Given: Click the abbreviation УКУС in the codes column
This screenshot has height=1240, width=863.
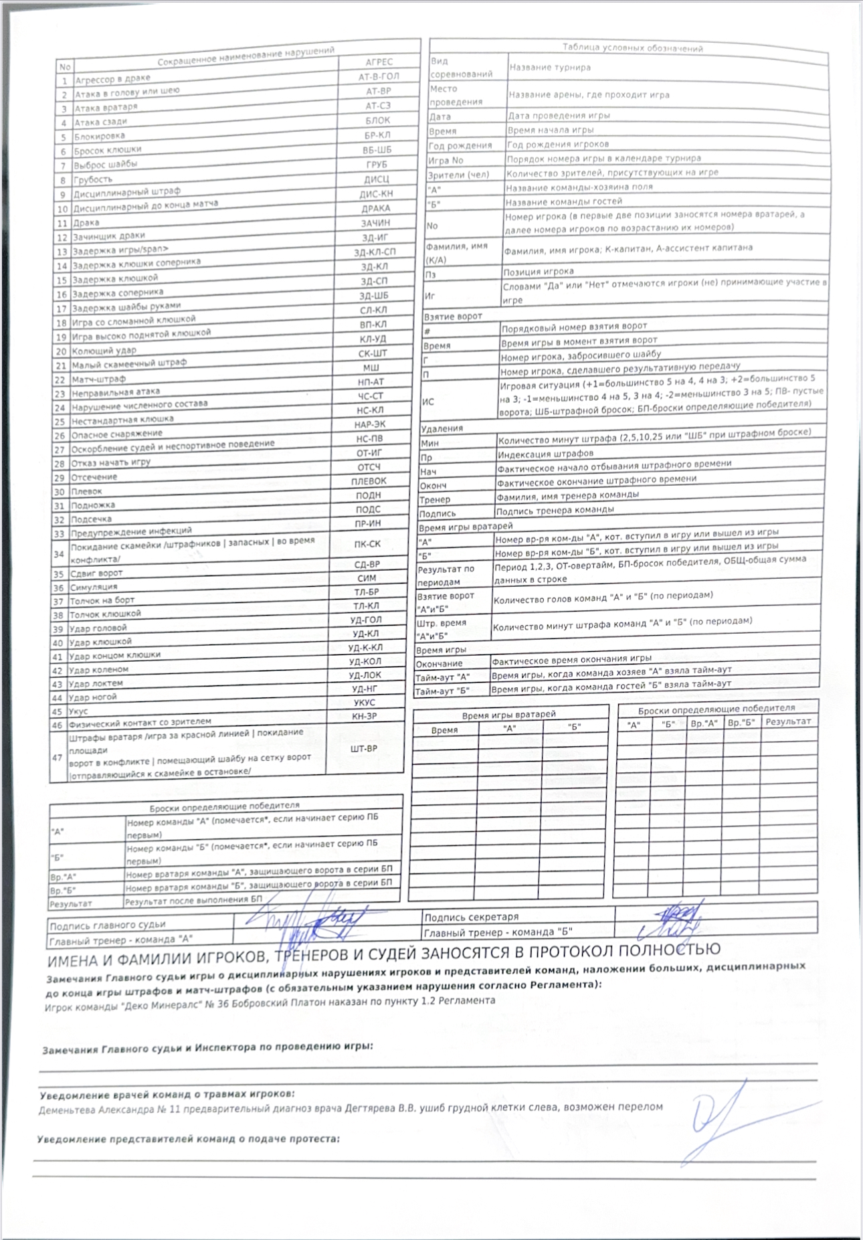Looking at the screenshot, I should click(364, 703).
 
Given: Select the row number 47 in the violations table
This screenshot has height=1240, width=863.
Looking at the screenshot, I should click(58, 758).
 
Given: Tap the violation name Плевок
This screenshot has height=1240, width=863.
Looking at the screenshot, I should click(87, 492).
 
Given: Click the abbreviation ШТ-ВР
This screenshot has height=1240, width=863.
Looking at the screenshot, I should click(364, 749).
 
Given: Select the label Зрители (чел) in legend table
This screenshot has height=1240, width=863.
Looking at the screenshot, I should click(458, 175).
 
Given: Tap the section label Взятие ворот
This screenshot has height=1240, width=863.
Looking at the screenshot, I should click(453, 316).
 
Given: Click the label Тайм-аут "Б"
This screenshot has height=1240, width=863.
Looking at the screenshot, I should click(443, 691).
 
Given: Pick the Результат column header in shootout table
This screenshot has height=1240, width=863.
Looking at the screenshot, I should click(788, 721).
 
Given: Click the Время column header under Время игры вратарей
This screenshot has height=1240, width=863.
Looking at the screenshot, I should click(445, 730).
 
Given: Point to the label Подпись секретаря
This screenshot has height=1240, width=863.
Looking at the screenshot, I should click(471, 917).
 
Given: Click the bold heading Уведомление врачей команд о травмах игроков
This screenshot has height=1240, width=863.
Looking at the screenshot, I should click(167, 1094).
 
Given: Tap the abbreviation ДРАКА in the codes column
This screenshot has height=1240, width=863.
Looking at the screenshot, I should click(375, 208).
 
